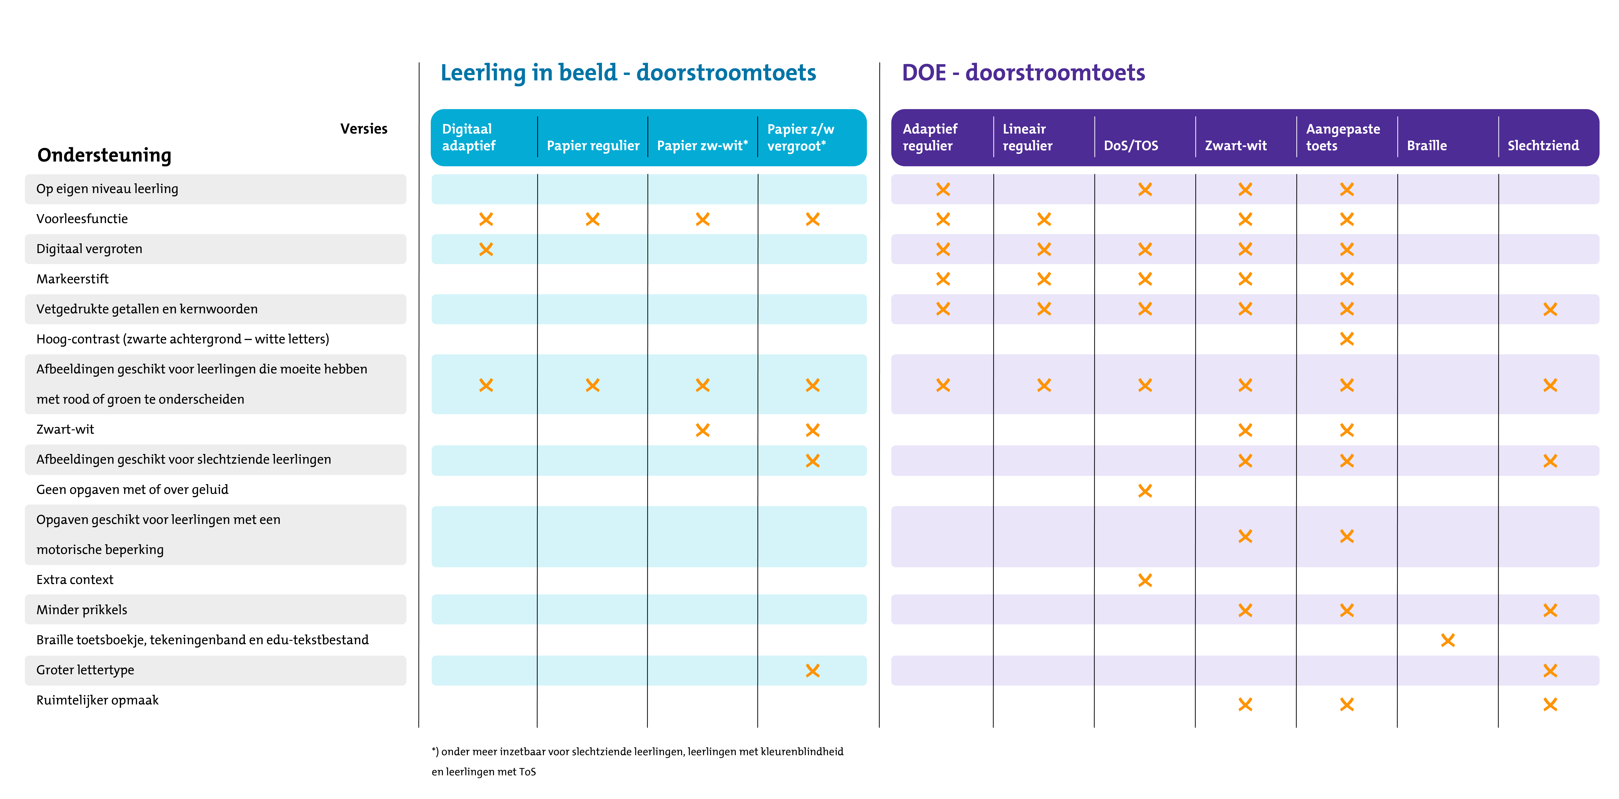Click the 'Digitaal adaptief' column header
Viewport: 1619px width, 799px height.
469,137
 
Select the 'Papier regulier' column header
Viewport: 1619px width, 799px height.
593,145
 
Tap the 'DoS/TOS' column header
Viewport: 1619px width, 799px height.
1131,145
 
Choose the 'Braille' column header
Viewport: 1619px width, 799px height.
1427,145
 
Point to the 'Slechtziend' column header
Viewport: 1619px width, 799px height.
1543,145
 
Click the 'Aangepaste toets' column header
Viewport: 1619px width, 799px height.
1343,137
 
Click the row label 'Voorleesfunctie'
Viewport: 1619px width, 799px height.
82,219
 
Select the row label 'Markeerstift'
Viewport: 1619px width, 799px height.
72,278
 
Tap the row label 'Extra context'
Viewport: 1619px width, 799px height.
75,580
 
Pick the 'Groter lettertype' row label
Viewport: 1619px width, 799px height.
85,670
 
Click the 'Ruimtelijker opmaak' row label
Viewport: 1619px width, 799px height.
97,700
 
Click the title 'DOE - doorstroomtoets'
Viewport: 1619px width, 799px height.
1023,73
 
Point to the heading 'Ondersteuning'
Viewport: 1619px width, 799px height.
104,155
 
